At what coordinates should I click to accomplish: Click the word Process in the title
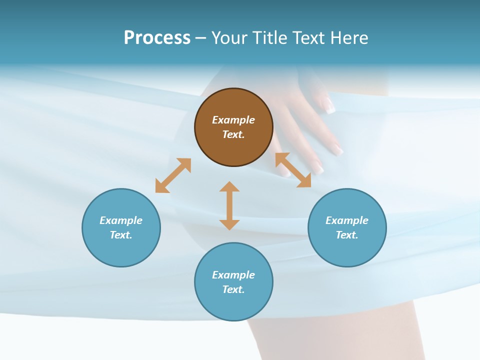coord(157,38)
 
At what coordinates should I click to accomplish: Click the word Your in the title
coord(228,38)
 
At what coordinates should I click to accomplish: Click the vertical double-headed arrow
coord(229,205)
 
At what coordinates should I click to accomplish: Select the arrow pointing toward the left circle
coord(173,175)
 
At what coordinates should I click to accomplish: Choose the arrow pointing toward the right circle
coord(293,170)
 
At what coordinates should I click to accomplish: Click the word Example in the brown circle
coord(233,120)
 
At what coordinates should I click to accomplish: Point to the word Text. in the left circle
coord(121,235)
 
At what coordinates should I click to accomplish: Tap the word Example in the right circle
coord(347,220)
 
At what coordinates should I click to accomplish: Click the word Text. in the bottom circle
coord(233,289)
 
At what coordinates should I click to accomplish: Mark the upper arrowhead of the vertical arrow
coord(229,186)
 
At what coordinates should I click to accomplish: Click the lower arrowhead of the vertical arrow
coord(229,224)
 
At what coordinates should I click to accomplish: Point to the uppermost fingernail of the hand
coord(329,105)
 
